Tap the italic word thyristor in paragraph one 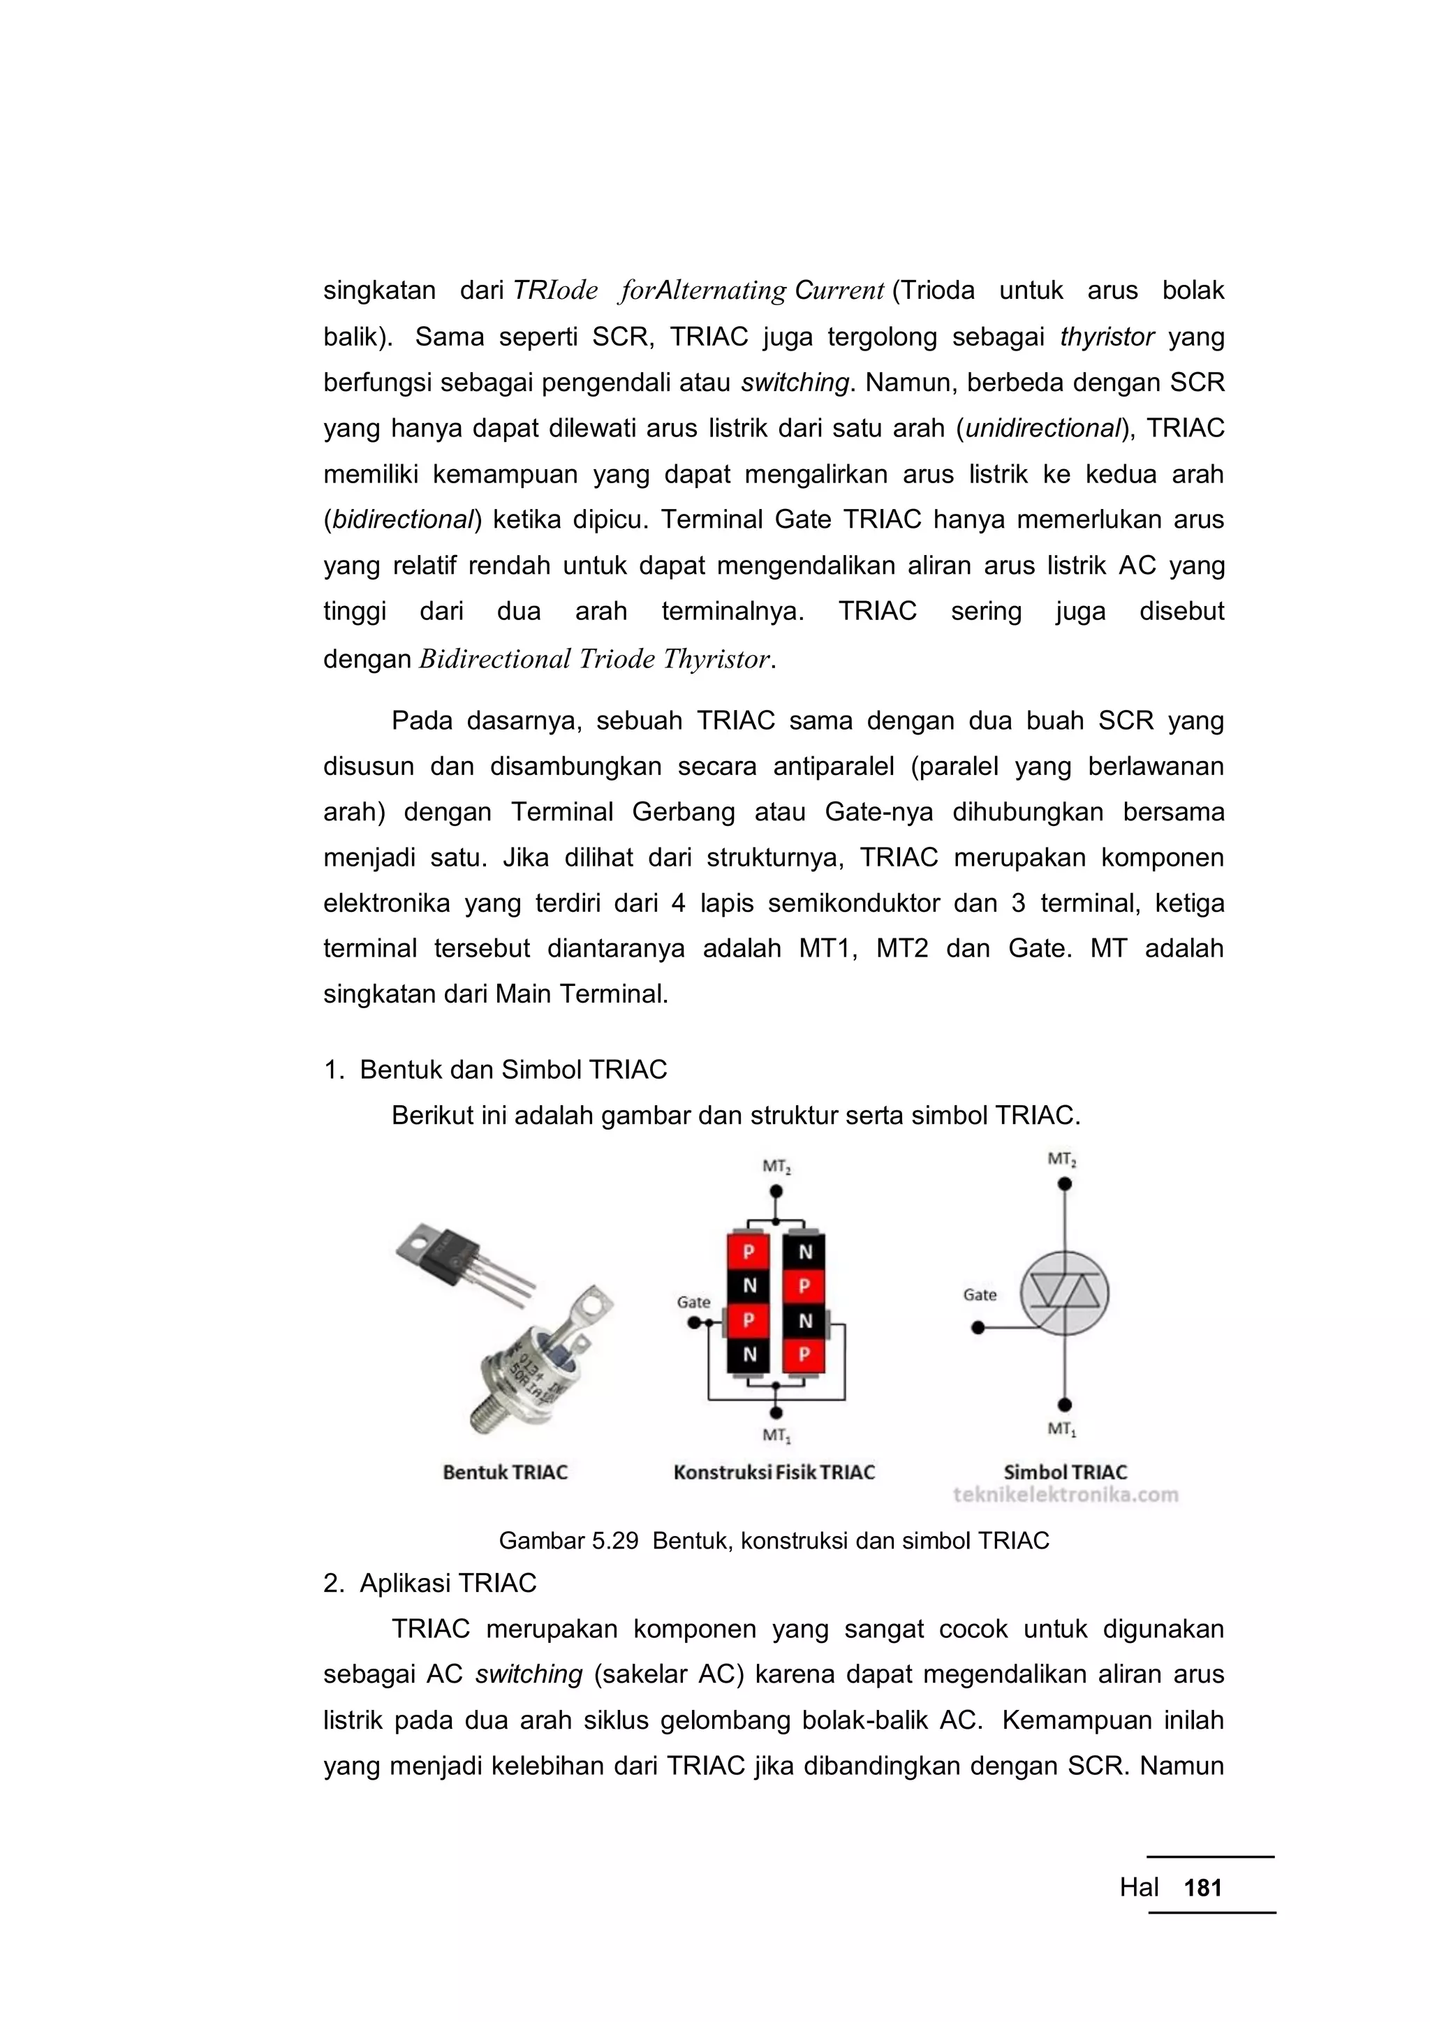click(1107, 337)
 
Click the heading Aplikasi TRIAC click(448, 1584)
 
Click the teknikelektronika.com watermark click(1065, 1494)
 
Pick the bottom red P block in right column click(805, 1355)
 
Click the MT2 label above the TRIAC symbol click(1063, 1159)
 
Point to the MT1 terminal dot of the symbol click(1065, 1405)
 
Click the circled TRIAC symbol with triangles click(1065, 1294)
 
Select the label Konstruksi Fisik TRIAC click(774, 1473)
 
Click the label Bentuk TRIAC click(505, 1473)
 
